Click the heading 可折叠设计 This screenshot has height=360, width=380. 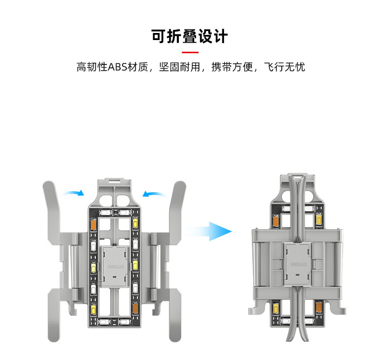[190, 37]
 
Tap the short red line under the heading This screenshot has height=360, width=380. [190, 52]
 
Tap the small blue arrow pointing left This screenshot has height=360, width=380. [154, 193]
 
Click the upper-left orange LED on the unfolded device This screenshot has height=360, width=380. [93, 224]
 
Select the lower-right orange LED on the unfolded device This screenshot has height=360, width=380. [135, 307]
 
